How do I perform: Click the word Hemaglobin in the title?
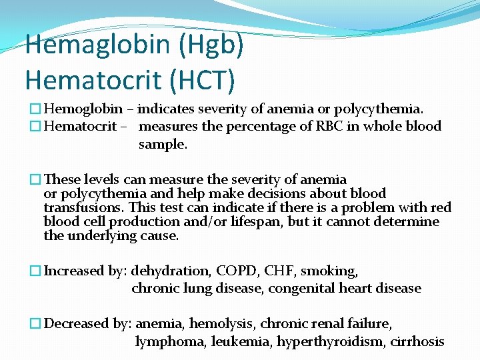(x=89, y=45)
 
